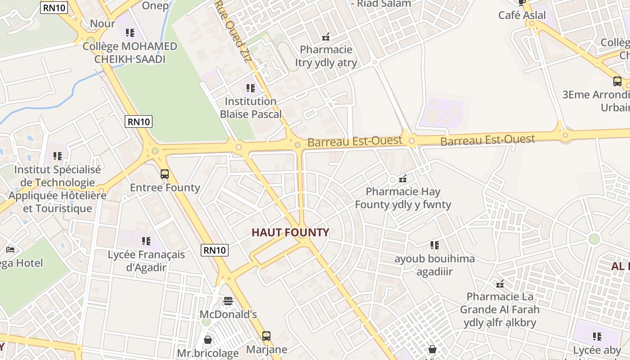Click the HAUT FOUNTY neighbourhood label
click(290, 233)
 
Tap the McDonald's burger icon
click(228, 301)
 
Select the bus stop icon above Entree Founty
click(165, 174)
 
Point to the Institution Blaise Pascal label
click(251, 108)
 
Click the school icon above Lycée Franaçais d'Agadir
click(146, 241)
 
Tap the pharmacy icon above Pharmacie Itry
click(326, 36)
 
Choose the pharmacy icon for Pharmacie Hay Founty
click(403, 178)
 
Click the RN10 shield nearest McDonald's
click(215, 250)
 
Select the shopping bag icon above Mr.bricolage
click(208, 339)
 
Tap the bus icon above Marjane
click(266, 336)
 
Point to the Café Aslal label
click(522, 15)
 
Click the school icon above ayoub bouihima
click(434, 245)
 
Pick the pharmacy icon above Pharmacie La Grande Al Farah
click(499, 283)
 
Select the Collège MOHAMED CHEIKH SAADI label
click(130, 53)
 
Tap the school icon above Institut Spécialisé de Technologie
click(57, 156)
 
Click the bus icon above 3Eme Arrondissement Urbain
click(617, 81)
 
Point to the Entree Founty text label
click(165, 188)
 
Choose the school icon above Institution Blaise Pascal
click(251, 88)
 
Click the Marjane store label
click(266, 350)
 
